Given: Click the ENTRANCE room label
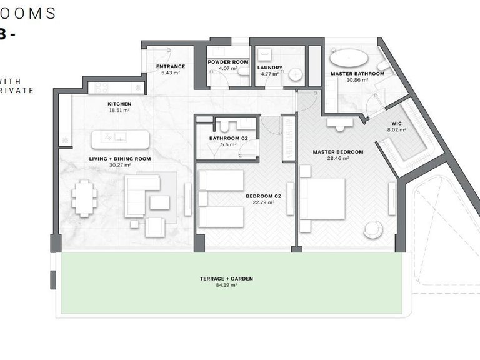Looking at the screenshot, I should click(x=171, y=66).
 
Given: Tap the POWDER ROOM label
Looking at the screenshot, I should click(x=228, y=62).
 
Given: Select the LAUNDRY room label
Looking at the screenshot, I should click(x=269, y=67).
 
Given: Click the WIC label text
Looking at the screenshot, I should click(x=397, y=123).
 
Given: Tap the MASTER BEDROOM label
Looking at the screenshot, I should click(x=337, y=151).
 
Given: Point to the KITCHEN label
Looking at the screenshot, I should click(x=119, y=103).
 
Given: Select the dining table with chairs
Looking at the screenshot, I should click(x=84, y=197).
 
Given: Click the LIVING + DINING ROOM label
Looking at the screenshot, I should click(x=120, y=159).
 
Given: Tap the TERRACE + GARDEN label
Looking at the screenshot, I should click(x=226, y=279).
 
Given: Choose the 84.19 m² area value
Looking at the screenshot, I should click(x=226, y=285).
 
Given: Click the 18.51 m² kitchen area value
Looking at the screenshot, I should click(x=119, y=110).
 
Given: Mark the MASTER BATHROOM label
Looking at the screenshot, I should click(x=357, y=73).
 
